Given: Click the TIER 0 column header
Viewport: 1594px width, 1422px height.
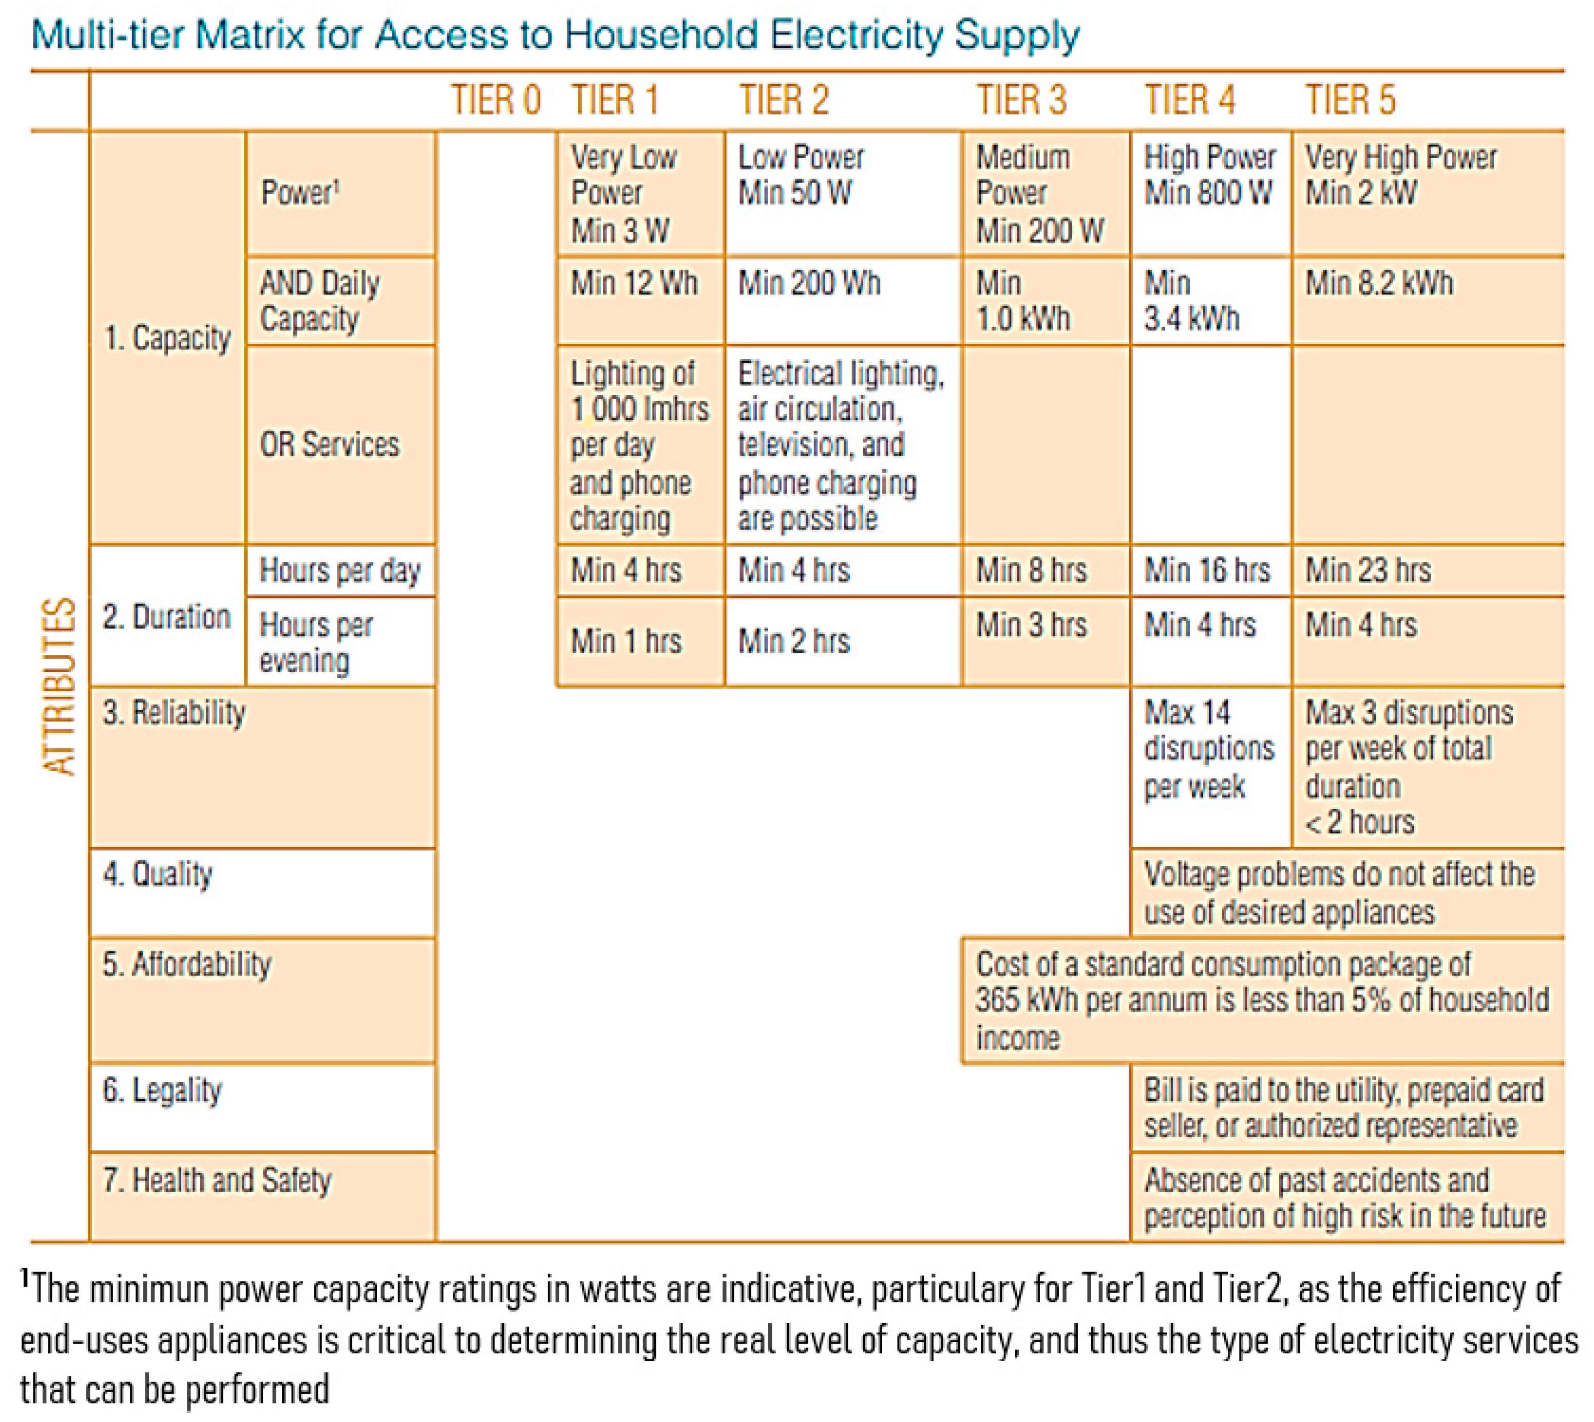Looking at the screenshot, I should (496, 100).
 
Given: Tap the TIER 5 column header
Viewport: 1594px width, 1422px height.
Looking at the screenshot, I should (1350, 100).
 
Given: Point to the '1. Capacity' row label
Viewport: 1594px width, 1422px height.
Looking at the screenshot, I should (167, 338).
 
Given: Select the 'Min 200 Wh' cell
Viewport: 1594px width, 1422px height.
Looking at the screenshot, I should (809, 283).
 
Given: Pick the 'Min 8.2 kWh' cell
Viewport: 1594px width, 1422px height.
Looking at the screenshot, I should (1379, 283).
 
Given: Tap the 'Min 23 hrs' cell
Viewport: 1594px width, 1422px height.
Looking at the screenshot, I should (1368, 570).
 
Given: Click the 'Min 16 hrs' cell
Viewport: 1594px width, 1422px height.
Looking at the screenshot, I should (1207, 570).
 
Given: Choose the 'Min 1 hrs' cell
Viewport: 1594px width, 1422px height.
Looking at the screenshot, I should (625, 640).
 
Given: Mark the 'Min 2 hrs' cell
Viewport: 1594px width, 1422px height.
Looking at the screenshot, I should (793, 640).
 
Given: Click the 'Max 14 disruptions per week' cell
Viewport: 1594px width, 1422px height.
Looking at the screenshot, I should (1208, 749).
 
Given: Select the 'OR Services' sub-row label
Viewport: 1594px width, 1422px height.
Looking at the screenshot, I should (329, 444).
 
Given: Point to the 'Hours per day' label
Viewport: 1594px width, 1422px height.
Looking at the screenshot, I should (339, 570).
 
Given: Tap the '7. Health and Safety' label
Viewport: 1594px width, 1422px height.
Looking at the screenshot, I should (217, 1180).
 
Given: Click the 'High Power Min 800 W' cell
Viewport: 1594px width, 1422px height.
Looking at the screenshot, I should (1208, 175).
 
